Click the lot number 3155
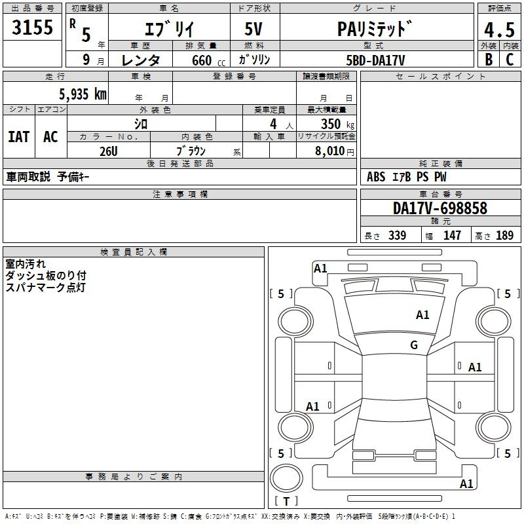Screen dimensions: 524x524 coord(32,27)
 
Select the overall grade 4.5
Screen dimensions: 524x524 coord(499,30)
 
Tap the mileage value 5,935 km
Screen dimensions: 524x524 coord(83,94)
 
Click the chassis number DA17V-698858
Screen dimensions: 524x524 coord(440,208)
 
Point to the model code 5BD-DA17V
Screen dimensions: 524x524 coord(375,60)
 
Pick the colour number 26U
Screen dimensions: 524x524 coord(109,151)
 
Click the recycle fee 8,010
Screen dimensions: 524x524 coord(329,151)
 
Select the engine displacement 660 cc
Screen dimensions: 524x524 coord(208,60)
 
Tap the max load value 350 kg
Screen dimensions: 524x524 coord(337,124)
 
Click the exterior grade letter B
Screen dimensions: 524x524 coord(489,60)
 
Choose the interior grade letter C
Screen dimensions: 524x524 coord(510,60)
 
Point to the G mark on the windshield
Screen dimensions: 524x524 coord(414,345)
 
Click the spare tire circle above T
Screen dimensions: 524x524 coord(286,477)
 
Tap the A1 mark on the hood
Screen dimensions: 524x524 coord(422,314)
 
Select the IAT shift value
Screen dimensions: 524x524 coord(19,137)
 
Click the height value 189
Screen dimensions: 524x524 coord(504,235)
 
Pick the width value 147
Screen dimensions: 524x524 coord(452,235)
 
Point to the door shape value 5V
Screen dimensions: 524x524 coord(253,29)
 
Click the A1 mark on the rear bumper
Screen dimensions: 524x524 coord(466,483)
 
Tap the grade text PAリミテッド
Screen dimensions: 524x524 coord(375,29)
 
